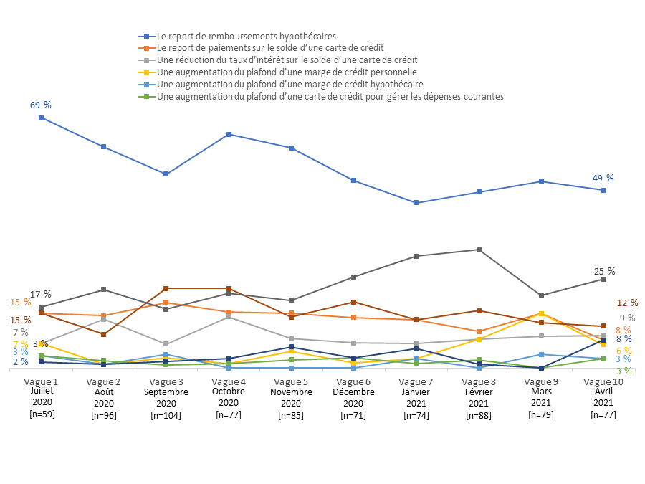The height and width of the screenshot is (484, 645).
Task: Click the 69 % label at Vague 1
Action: click(x=41, y=105)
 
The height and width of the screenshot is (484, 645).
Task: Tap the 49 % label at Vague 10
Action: click(x=603, y=178)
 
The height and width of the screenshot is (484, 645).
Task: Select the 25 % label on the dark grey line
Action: click(x=605, y=271)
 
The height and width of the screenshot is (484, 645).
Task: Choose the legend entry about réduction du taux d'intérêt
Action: click(x=287, y=60)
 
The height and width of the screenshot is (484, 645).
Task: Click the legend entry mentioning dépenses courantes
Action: click(x=330, y=96)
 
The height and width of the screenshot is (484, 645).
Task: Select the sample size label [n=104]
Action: click(x=166, y=415)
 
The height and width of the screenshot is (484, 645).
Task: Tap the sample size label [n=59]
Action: click(x=42, y=414)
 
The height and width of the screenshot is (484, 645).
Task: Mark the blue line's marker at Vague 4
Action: click(x=229, y=134)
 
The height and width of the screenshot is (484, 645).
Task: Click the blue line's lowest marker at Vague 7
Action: click(x=416, y=203)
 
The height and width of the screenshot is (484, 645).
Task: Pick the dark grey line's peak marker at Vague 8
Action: click(x=479, y=250)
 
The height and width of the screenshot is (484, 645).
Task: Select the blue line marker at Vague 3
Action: click(x=166, y=174)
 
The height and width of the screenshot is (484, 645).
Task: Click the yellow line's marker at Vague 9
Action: click(x=541, y=314)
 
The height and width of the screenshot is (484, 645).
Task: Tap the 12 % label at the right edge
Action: click(x=628, y=303)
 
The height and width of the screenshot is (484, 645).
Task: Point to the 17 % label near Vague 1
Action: click(x=41, y=294)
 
